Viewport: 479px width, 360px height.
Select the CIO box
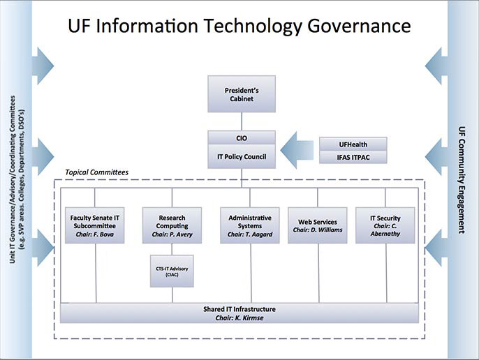click(x=242, y=138)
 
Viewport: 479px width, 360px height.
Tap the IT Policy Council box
click(x=242, y=156)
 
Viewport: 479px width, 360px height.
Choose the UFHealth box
click(x=353, y=144)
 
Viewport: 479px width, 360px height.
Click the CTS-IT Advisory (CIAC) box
click(x=172, y=271)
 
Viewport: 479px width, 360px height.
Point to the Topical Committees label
click(x=96, y=172)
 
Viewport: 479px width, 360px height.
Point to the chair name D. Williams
click(x=327, y=230)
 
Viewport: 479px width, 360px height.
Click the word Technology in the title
click(x=249, y=26)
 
